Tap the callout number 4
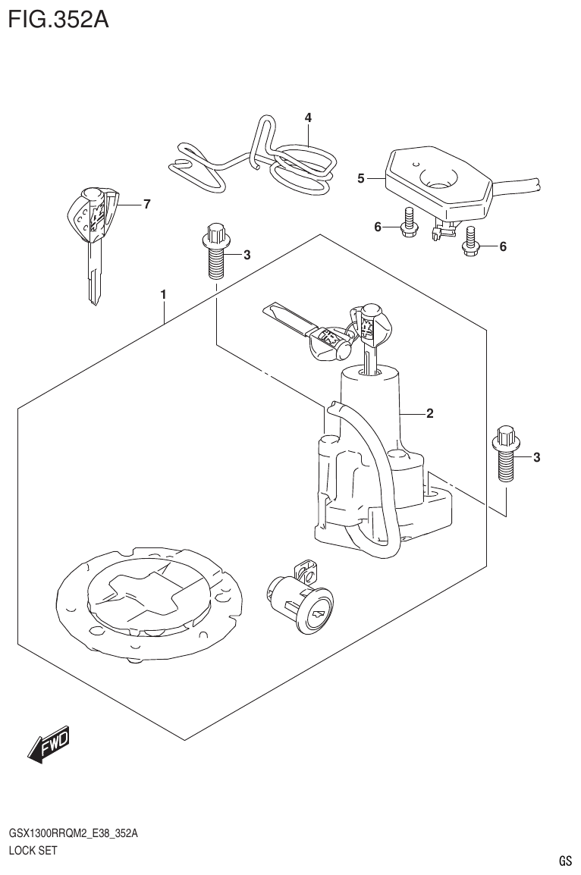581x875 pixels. click(308, 118)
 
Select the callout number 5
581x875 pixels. click(361, 179)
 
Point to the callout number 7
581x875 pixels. click(146, 204)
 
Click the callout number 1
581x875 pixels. click(163, 293)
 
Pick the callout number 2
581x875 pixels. click(429, 413)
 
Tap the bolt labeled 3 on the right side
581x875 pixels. click(506, 456)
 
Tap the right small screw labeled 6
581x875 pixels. click(471, 242)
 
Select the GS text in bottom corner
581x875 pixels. click(564, 861)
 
